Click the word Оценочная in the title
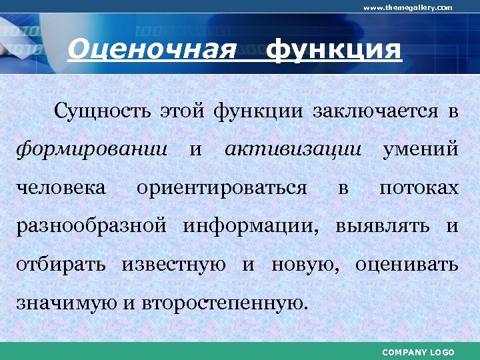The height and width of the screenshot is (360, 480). (x=153, y=49)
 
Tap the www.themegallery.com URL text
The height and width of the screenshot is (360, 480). (x=407, y=7)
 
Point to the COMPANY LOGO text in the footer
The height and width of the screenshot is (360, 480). (x=418, y=352)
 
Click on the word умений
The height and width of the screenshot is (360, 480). (x=420, y=149)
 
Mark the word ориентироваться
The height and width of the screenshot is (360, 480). (x=221, y=188)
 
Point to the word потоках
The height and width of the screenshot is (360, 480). (x=419, y=187)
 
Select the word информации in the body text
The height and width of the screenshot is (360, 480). (x=250, y=226)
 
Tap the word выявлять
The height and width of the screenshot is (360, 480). (x=385, y=226)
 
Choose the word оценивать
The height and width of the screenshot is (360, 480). (x=407, y=265)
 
